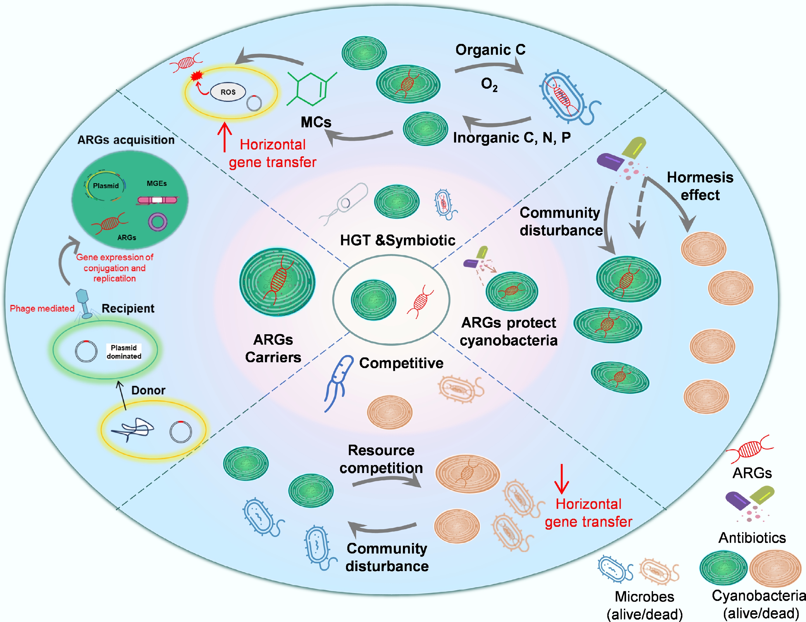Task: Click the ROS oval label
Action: coord(228,92)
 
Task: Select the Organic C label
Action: coord(490,49)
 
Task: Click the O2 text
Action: coord(489,84)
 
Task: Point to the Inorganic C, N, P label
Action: coord(512,137)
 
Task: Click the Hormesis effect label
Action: coord(700,186)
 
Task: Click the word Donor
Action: coord(148,390)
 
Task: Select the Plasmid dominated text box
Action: coord(124,352)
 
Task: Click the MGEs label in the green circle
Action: coord(156,183)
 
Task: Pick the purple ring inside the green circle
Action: coord(158,222)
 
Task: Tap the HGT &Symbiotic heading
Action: coord(397,240)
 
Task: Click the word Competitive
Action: coord(401,363)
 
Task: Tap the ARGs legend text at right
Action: coord(752,473)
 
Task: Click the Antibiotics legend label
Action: coord(752,537)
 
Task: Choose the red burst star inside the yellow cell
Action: coord(197,76)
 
